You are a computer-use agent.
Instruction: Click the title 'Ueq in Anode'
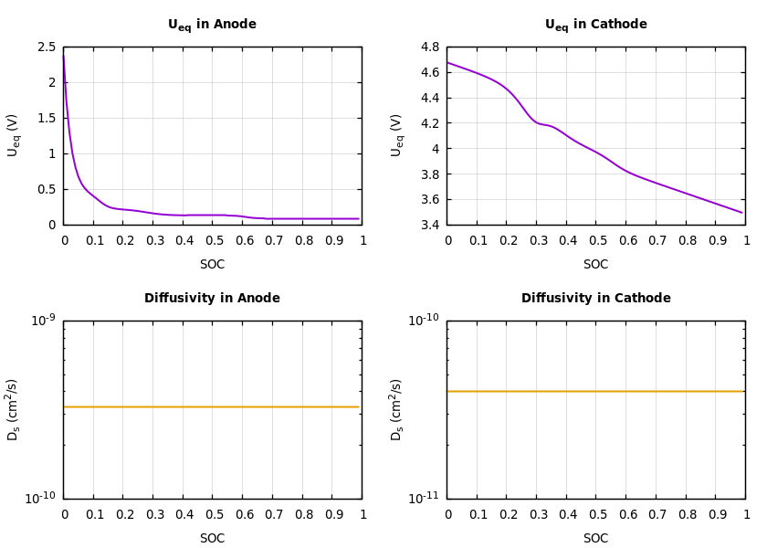pos(212,25)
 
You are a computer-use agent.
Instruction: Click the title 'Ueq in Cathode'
pos(595,25)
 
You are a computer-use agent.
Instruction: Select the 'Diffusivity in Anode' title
pos(212,299)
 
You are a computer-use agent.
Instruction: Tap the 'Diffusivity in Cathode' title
pos(595,299)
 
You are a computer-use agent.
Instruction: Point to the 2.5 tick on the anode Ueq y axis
pos(47,47)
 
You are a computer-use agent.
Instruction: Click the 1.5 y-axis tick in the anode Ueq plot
pos(47,119)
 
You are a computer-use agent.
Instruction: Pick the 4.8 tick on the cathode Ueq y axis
pos(430,47)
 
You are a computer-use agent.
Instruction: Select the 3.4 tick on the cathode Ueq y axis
pos(430,225)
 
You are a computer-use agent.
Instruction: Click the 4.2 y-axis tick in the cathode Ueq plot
pos(430,123)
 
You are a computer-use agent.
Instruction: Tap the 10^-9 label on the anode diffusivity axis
pos(43,320)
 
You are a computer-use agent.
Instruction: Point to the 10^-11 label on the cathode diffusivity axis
pos(424,499)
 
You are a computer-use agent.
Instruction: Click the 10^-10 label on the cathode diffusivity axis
pos(424,320)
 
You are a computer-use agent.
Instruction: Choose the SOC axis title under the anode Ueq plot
pos(212,265)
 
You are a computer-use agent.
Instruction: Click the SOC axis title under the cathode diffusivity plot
pos(595,539)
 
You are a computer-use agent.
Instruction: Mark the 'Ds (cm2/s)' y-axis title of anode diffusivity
pos(13,409)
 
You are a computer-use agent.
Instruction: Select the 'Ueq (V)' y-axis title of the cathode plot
pos(396,135)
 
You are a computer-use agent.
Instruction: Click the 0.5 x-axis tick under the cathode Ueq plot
pos(596,240)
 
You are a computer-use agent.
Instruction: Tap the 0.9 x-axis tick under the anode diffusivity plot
pos(331,514)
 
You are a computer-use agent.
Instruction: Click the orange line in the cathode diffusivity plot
pos(595,391)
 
